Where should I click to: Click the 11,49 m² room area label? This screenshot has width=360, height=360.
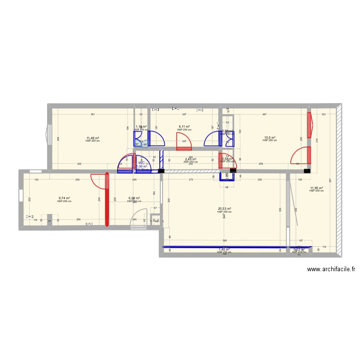click(92, 138)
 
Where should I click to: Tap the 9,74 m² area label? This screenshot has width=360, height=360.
click(64, 199)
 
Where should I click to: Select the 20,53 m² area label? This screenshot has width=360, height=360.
click(224, 209)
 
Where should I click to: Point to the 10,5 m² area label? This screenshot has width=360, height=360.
click(270, 138)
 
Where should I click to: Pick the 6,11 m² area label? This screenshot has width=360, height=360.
click(184, 127)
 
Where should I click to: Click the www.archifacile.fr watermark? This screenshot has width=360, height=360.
click(331, 270)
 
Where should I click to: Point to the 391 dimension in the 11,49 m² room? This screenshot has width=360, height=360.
click(93, 115)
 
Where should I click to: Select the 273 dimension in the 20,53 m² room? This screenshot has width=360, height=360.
click(191, 180)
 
